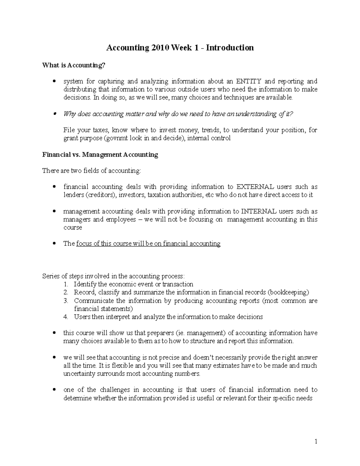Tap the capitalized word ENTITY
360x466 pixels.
[x=249, y=81]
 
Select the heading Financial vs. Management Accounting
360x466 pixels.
[x=100, y=155]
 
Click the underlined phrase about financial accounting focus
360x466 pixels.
[x=148, y=244]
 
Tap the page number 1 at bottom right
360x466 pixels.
[x=316, y=441]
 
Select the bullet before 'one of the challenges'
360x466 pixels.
[x=54, y=390]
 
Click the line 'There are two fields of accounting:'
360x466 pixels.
[x=91, y=171]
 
